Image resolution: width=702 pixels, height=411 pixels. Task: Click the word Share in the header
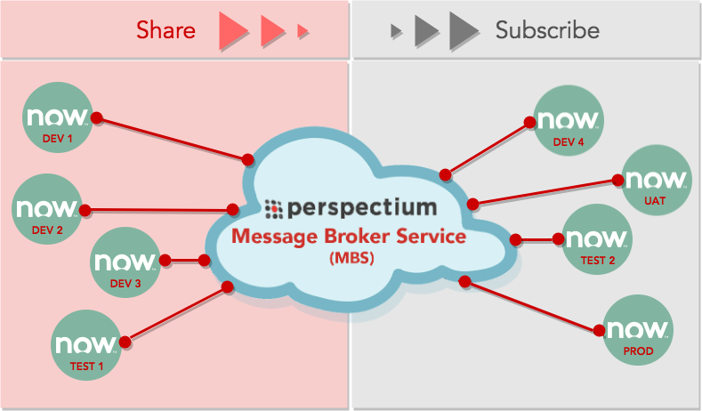tap(165, 30)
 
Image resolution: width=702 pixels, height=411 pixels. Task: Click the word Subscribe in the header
tap(547, 30)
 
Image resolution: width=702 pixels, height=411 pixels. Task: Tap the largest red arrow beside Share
tap(233, 30)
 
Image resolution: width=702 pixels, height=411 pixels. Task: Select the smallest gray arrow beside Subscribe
tap(396, 31)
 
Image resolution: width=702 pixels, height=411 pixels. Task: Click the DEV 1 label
tap(57, 139)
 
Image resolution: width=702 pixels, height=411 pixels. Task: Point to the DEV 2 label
tap(47, 230)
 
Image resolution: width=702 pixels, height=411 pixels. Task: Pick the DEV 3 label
tap(125, 284)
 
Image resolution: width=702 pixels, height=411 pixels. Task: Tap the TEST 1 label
tap(87, 367)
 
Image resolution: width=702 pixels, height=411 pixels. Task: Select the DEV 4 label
tap(569, 142)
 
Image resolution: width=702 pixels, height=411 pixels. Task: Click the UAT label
tap(655, 201)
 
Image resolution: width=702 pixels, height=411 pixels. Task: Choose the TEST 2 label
tap(598, 260)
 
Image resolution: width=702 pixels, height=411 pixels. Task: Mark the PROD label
tap(639, 351)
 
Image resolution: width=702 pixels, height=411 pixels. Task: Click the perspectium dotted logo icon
tap(273, 209)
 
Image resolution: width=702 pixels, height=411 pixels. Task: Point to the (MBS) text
tap(352, 258)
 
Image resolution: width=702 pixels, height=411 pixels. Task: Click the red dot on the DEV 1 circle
tap(97, 118)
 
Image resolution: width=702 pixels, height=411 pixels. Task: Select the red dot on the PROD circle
tap(600, 330)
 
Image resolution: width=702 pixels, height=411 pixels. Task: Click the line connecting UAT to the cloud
tap(545, 192)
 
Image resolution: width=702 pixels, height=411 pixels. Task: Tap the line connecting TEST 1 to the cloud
tap(176, 314)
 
